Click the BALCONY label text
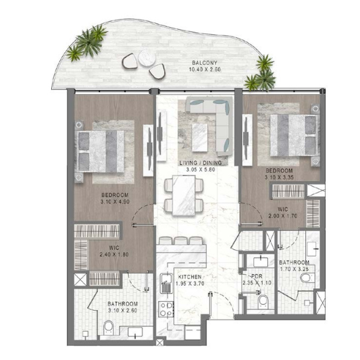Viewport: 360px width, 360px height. [x=205, y=63]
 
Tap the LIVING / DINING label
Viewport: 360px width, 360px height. [x=201, y=163]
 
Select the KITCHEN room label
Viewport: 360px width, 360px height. [x=190, y=277]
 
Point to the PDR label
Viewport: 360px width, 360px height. [x=257, y=276]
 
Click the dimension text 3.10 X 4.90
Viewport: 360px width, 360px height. [x=115, y=202]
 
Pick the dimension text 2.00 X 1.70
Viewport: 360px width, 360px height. [x=283, y=216]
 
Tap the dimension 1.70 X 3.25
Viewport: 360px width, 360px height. [x=294, y=269]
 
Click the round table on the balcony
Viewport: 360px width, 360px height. [x=147, y=58]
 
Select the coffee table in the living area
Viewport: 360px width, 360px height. [x=199, y=138]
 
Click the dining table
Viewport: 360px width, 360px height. [x=184, y=195]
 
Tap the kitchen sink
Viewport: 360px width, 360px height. [x=165, y=283]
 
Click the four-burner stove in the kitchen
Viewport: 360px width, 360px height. [x=166, y=309]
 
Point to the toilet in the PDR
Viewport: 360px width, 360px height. [x=263, y=302]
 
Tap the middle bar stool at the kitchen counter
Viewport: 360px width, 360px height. [x=181, y=240]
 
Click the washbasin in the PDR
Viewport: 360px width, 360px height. [x=261, y=262]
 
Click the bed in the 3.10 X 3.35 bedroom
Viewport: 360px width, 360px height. [x=294, y=136]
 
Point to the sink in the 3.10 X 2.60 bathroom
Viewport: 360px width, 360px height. [x=135, y=332]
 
